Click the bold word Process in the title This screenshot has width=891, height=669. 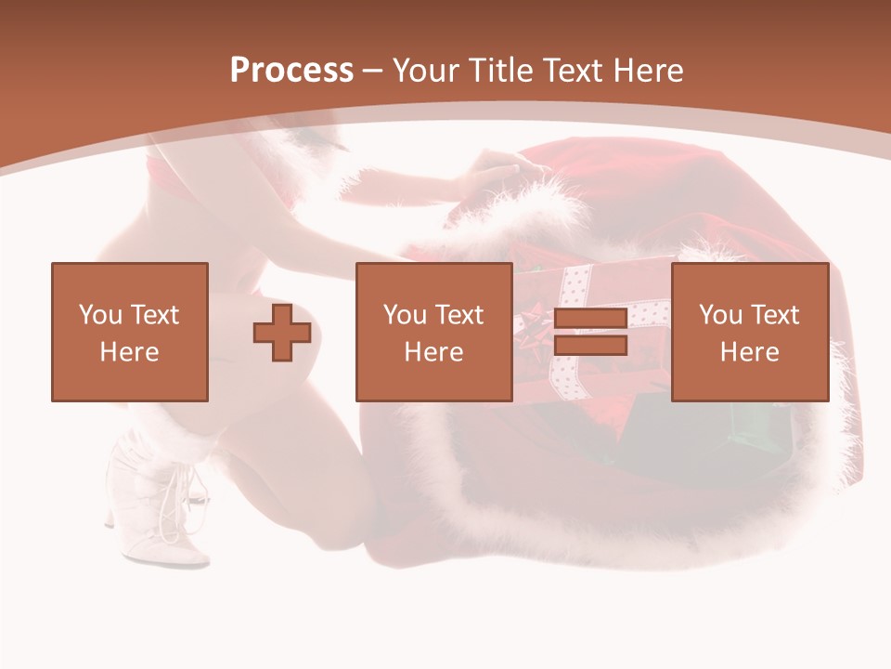(x=291, y=70)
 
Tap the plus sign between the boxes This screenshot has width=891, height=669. (x=282, y=332)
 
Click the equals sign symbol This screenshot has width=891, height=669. (x=590, y=332)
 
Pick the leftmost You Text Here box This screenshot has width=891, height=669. (x=129, y=332)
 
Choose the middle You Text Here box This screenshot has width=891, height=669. (x=433, y=332)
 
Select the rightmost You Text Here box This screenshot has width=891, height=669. (x=749, y=332)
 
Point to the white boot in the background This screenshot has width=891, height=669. (x=158, y=506)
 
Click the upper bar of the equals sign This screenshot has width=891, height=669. (x=590, y=319)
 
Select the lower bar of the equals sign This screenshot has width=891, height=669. (x=590, y=346)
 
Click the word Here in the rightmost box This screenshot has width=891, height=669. (x=749, y=351)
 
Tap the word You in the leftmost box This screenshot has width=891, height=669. (x=100, y=314)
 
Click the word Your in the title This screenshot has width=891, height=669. (x=427, y=70)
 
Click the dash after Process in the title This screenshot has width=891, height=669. (x=373, y=71)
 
